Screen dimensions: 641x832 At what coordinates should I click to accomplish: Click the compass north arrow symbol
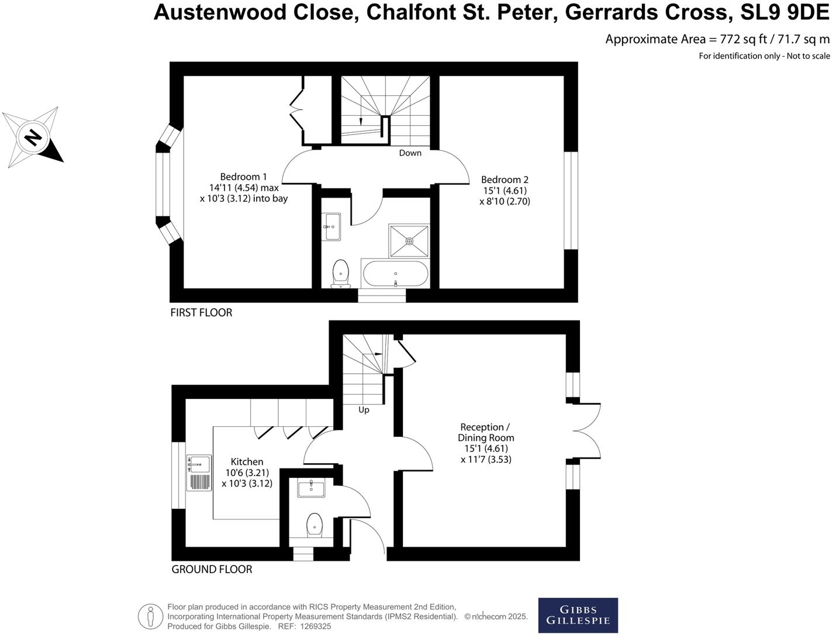point(32,138)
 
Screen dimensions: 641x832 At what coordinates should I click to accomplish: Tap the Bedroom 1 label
point(243,177)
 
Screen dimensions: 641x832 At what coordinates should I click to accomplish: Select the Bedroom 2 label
point(505,180)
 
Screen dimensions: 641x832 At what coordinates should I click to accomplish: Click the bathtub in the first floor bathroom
point(396,274)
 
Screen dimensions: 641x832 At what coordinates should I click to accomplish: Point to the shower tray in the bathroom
point(409,240)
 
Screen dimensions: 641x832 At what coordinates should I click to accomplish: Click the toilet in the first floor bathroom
point(340,274)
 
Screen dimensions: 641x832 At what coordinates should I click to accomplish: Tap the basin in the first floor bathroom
point(332,226)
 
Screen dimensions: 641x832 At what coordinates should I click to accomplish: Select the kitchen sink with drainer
point(199,473)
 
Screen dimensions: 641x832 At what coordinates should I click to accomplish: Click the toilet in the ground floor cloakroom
point(315,526)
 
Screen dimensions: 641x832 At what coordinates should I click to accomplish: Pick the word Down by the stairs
point(410,153)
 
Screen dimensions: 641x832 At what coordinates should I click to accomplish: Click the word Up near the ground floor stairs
point(364,409)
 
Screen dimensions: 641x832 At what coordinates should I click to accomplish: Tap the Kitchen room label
point(247,461)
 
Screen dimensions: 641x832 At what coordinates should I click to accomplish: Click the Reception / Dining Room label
point(486,432)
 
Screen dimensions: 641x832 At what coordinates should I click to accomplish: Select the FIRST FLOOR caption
point(201,312)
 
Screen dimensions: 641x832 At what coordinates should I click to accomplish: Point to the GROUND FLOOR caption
point(212,569)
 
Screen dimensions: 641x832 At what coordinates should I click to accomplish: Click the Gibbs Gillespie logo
point(578,615)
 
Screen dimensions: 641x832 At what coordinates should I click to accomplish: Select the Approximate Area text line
point(717,39)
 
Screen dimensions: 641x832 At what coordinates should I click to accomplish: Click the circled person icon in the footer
point(150,616)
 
